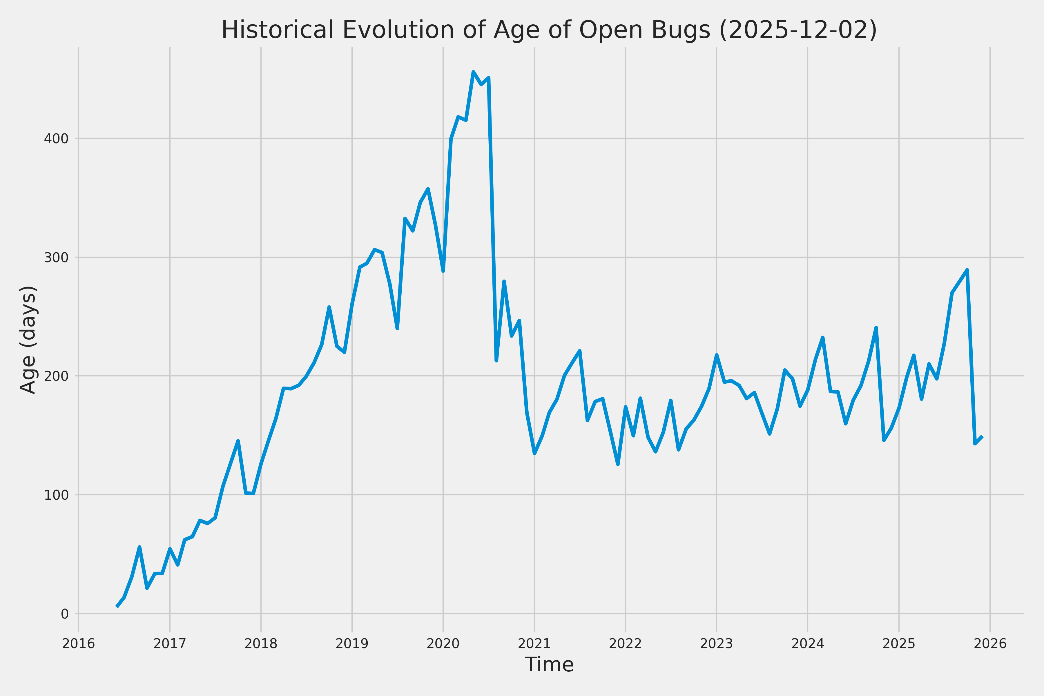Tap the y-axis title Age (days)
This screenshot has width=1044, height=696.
[28, 340]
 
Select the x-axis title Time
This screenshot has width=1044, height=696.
[549, 664]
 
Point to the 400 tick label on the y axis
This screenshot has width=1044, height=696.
[56, 139]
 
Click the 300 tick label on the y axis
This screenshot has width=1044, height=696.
[56, 258]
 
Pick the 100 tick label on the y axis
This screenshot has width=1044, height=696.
[56, 495]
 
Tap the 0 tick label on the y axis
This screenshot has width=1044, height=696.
[64, 614]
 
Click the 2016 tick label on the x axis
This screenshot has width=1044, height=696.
[79, 644]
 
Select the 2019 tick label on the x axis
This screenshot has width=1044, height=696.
[352, 644]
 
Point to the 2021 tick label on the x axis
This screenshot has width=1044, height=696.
[534, 644]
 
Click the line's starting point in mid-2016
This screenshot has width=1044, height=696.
[117, 606]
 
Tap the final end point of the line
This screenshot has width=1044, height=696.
[983, 437]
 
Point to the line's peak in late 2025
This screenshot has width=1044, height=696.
[967, 270]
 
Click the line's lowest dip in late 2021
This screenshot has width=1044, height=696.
[618, 464]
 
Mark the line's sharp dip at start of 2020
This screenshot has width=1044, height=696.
[443, 271]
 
